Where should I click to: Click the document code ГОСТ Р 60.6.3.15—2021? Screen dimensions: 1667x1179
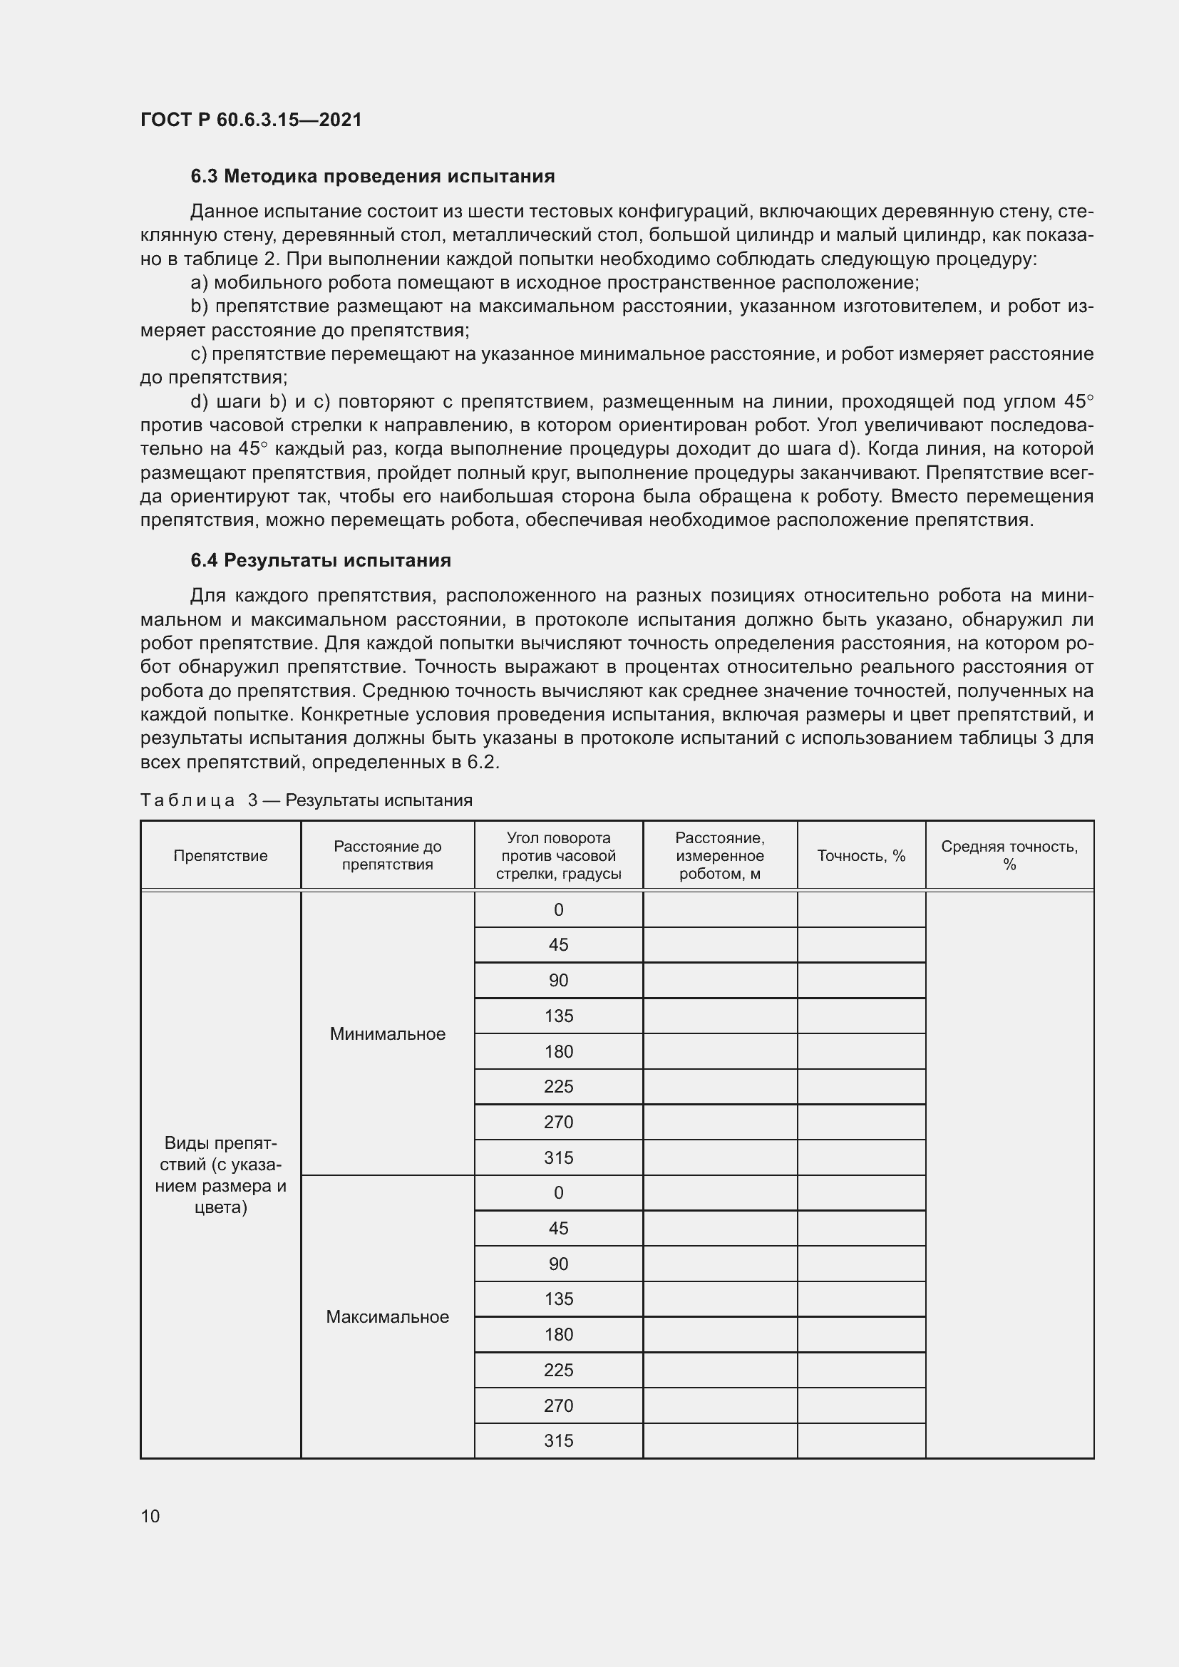pos(251,120)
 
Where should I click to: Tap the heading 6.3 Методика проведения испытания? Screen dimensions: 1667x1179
pos(372,177)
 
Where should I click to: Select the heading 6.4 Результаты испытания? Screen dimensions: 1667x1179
pos(320,560)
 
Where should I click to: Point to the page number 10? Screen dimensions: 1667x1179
pos(150,1516)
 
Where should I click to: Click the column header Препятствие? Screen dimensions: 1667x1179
pos(221,855)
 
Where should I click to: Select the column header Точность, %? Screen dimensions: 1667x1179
pos(861,855)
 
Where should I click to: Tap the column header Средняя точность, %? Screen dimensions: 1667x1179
pos(1009,855)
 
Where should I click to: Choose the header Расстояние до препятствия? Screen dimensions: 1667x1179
pos(387,855)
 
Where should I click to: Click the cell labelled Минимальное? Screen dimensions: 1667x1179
pos(387,1034)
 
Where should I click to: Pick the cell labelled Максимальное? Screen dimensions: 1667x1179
pos(387,1317)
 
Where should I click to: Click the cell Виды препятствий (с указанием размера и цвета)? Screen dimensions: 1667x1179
pos(221,1175)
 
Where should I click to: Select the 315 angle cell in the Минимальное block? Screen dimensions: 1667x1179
pos(558,1158)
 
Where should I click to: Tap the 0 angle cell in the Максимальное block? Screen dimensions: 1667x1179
pos(558,1193)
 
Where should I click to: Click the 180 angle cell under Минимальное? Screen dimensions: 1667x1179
pos(558,1051)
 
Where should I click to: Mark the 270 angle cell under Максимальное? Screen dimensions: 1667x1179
pos(558,1405)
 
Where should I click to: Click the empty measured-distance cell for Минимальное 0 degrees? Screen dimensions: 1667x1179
pos(719,909)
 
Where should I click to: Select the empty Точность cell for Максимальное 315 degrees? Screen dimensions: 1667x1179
pos(861,1441)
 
